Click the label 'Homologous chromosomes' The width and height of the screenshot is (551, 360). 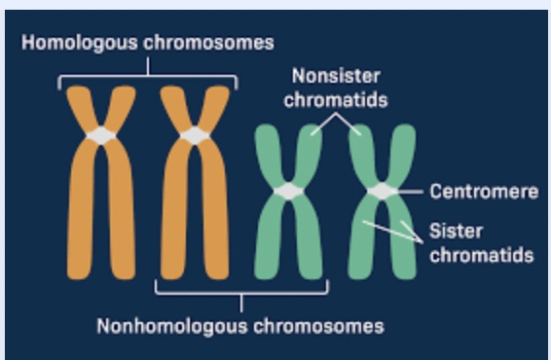tap(148, 43)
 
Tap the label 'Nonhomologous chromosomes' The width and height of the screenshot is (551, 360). tap(239, 324)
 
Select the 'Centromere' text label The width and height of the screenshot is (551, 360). tap(484, 192)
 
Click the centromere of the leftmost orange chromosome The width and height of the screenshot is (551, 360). tap(101, 135)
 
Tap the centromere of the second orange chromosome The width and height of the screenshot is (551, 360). tap(195, 135)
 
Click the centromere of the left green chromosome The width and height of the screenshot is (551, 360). tap(288, 192)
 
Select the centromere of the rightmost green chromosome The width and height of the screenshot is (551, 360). tap(382, 192)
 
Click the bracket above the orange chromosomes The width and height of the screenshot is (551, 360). tap(148, 74)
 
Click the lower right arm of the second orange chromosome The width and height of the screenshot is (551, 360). tap(215, 224)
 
